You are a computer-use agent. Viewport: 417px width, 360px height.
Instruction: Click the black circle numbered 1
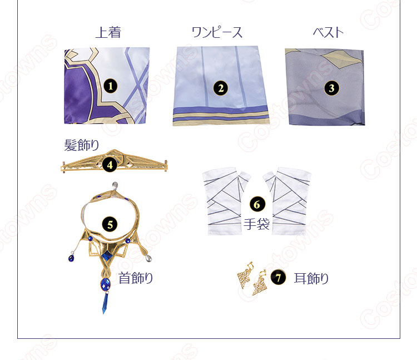(x=111, y=86)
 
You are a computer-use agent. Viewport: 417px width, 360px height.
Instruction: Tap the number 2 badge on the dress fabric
(x=221, y=88)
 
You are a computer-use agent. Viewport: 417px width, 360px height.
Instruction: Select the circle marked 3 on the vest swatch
(x=331, y=88)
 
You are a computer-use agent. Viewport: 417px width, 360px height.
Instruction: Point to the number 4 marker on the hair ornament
(x=110, y=165)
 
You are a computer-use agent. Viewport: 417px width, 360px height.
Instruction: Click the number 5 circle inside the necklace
(x=110, y=225)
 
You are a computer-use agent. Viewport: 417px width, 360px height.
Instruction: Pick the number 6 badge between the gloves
(x=257, y=204)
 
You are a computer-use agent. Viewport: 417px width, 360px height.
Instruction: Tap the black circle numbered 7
(x=278, y=278)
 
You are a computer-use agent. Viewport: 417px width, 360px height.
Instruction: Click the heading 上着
(x=108, y=32)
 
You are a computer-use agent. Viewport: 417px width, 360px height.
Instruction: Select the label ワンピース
(x=217, y=32)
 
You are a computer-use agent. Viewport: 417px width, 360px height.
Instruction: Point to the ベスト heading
(x=328, y=32)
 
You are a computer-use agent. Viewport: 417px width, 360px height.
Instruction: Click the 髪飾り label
(x=81, y=145)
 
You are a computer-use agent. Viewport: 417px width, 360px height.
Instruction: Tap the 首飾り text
(x=136, y=278)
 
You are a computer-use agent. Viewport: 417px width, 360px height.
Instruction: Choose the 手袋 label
(x=257, y=224)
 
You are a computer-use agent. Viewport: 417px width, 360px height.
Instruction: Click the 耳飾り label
(x=311, y=279)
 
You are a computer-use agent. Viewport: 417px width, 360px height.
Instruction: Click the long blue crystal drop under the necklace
(x=105, y=303)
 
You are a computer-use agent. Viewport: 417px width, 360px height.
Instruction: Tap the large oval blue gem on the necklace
(x=106, y=284)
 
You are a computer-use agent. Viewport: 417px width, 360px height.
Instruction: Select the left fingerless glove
(x=226, y=201)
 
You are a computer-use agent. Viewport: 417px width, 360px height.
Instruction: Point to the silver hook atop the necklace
(x=115, y=186)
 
